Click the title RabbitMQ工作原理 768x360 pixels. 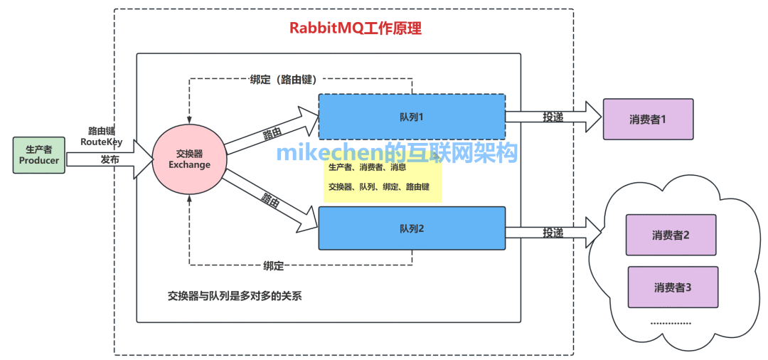tap(355, 29)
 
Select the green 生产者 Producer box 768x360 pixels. tap(38, 155)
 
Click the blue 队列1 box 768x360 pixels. tap(411, 116)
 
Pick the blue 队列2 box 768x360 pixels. tap(411, 228)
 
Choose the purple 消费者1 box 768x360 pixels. tap(647, 119)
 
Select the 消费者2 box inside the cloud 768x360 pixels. tap(671, 235)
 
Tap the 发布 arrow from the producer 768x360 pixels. tap(110, 160)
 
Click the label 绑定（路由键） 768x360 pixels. tap(283, 79)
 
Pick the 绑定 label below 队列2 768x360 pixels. tap(274, 265)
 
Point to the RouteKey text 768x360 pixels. tap(101, 142)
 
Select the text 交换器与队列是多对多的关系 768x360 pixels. tap(235, 296)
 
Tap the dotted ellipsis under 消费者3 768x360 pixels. tap(671, 323)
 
